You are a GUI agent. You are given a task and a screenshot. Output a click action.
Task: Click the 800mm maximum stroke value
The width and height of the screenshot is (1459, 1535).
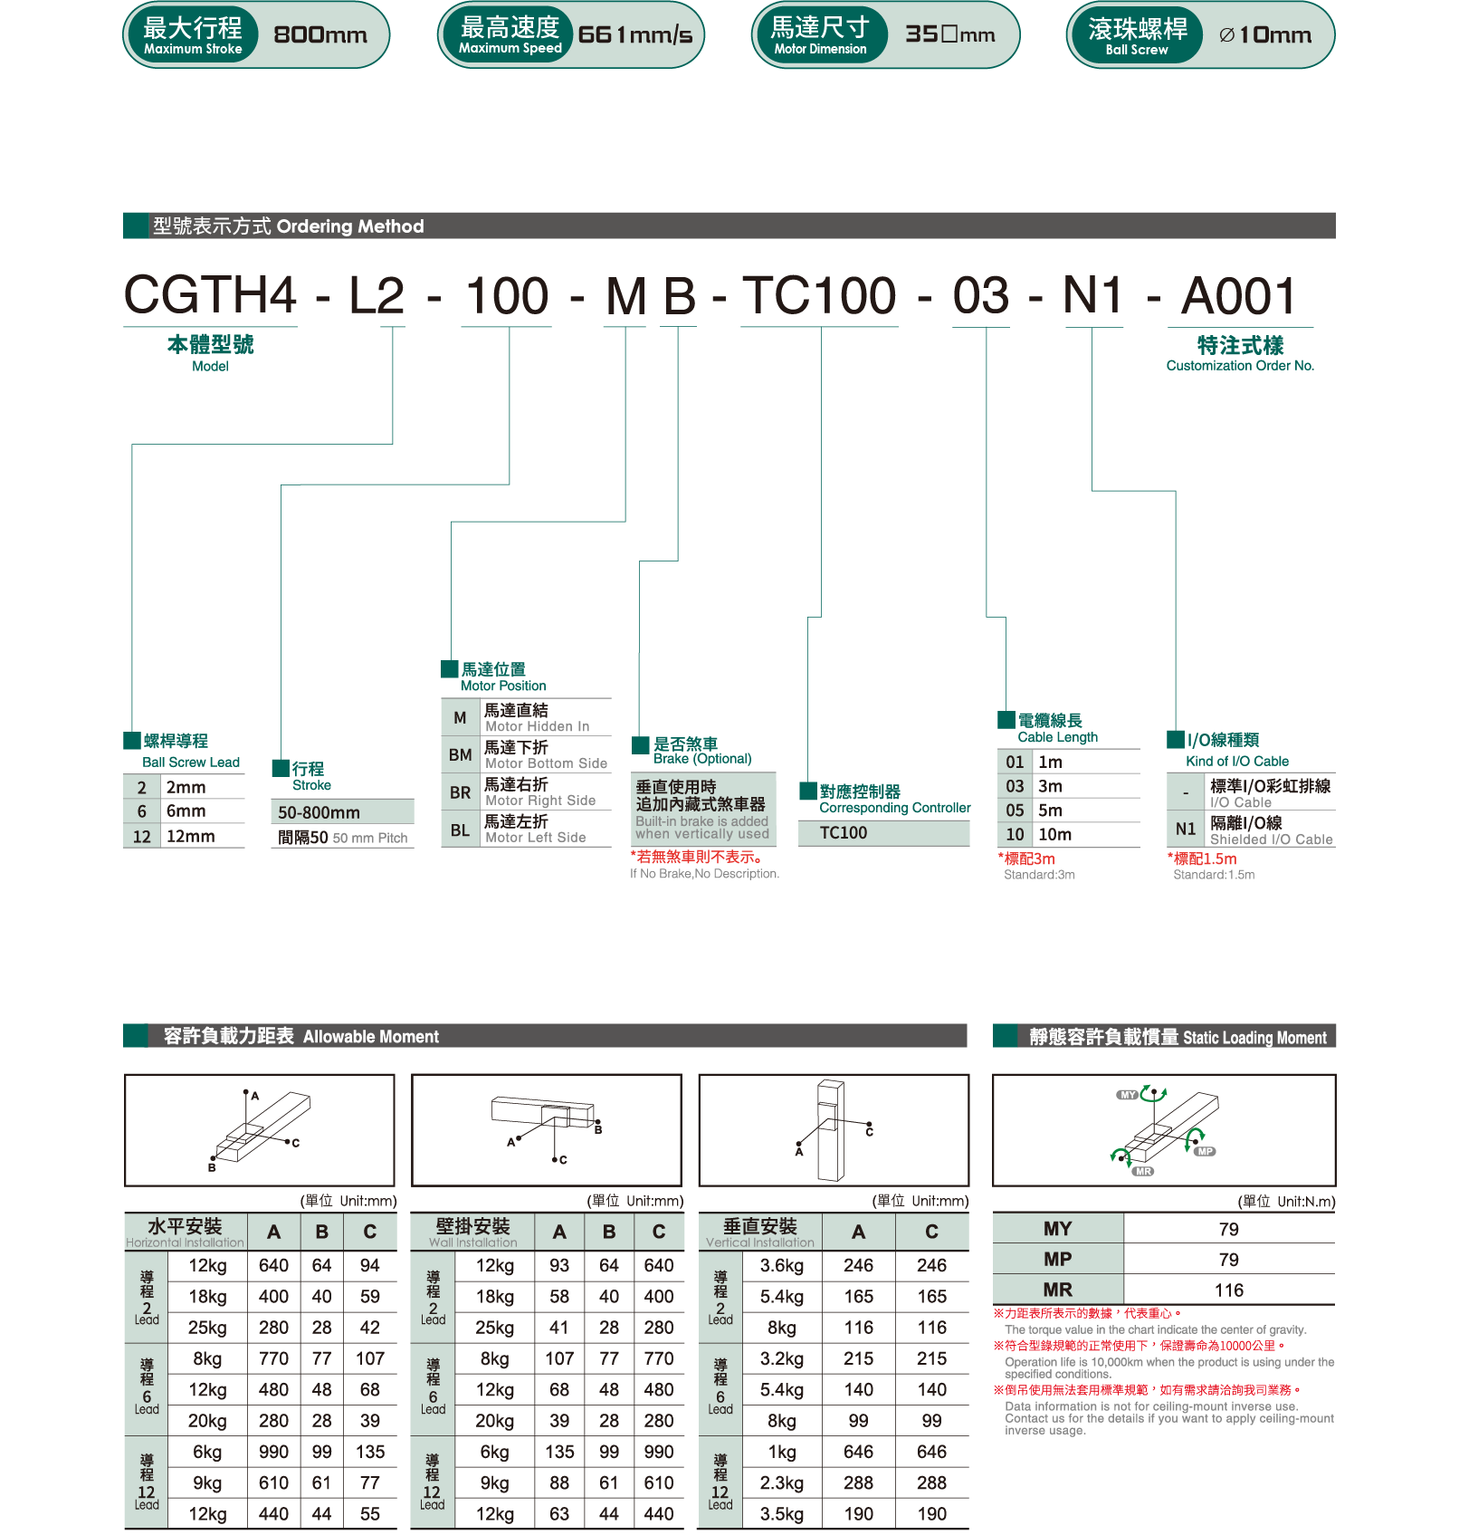(x=320, y=35)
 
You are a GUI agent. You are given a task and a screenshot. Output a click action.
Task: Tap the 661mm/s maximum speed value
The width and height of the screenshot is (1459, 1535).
(x=634, y=35)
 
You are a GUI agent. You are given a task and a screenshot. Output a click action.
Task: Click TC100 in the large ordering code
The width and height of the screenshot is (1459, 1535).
(x=819, y=296)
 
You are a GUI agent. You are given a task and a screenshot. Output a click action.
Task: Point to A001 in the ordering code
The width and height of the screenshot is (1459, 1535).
(x=1239, y=296)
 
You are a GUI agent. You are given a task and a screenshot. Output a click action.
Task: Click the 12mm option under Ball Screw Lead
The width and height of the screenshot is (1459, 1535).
(x=190, y=836)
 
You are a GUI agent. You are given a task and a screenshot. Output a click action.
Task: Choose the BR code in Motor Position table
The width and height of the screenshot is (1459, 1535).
(x=460, y=792)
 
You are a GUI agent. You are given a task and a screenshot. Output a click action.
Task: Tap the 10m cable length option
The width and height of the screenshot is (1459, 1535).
(x=1054, y=834)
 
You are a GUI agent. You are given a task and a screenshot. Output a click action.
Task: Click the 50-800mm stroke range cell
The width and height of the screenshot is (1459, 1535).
(x=319, y=812)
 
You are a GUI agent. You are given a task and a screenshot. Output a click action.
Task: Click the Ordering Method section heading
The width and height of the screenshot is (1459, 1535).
(x=288, y=226)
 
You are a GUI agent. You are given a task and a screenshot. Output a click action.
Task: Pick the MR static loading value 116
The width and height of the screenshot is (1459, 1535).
(x=1228, y=1290)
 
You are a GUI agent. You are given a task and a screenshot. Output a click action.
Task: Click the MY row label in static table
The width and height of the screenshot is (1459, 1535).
(x=1057, y=1229)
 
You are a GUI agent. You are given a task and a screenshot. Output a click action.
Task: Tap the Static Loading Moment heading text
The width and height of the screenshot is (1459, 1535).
(x=1177, y=1037)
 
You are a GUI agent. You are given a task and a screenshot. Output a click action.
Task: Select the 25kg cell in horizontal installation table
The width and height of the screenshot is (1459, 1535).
(x=207, y=1328)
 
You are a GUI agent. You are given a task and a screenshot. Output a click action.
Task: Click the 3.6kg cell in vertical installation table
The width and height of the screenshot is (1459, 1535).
(x=781, y=1265)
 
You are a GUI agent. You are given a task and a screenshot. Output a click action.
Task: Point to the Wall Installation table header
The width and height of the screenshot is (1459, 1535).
(x=472, y=1232)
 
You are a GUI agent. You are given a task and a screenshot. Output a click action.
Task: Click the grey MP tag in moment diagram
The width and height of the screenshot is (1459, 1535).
(x=1205, y=1151)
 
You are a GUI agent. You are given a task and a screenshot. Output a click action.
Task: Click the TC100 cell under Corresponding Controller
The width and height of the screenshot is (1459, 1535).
(x=843, y=832)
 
